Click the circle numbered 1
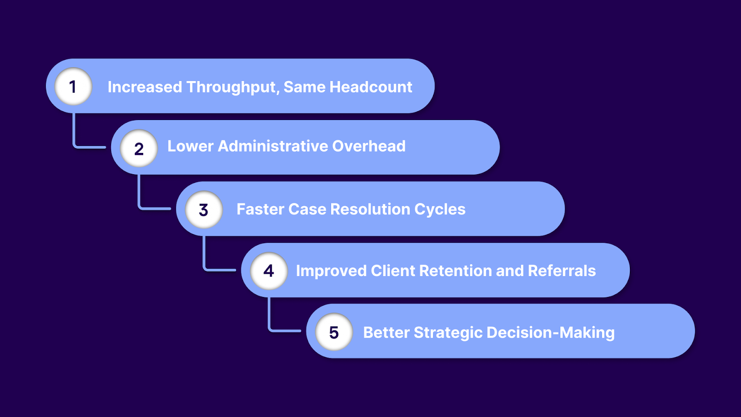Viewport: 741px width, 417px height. (x=73, y=87)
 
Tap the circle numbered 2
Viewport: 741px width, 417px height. (x=139, y=148)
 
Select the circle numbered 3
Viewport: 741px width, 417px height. (x=204, y=210)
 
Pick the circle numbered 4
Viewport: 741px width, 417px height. (x=269, y=271)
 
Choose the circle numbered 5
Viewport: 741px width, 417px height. (x=334, y=332)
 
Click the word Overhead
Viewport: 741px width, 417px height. (x=369, y=146)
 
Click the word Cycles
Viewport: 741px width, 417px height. (x=440, y=209)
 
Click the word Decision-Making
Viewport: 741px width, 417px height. (x=551, y=333)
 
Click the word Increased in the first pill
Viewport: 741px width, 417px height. (x=144, y=87)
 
